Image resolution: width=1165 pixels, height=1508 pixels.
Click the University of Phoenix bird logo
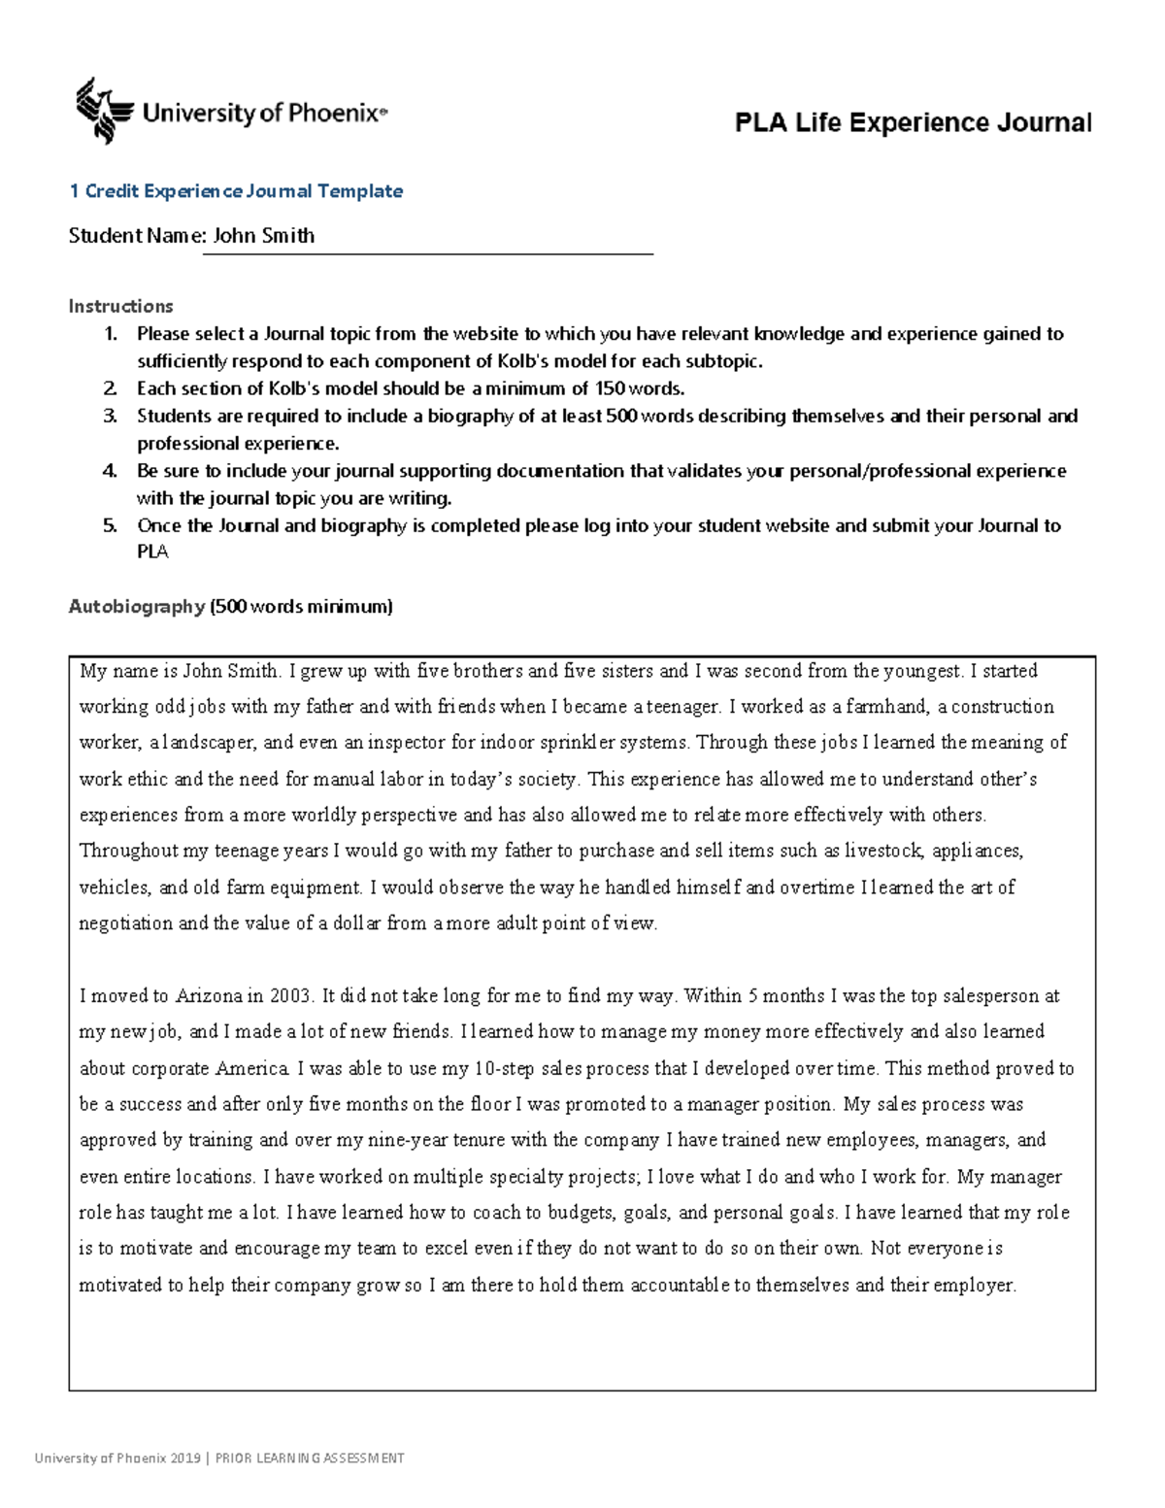click(102, 111)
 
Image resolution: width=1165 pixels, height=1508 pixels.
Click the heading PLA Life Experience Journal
click(913, 123)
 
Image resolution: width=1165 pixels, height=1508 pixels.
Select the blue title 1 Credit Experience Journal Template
click(235, 191)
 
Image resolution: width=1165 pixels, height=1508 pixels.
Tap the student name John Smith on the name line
click(263, 236)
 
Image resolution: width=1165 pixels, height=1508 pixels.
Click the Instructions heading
click(120, 307)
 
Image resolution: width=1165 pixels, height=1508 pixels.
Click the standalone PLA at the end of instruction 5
click(152, 553)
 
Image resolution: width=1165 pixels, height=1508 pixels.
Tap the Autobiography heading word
click(136, 607)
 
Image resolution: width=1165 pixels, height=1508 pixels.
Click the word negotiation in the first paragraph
click(125, 923)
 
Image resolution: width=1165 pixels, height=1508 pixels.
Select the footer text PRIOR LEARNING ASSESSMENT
click(310, 1458)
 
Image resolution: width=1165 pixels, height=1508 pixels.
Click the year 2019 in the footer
click(184, 1458)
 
